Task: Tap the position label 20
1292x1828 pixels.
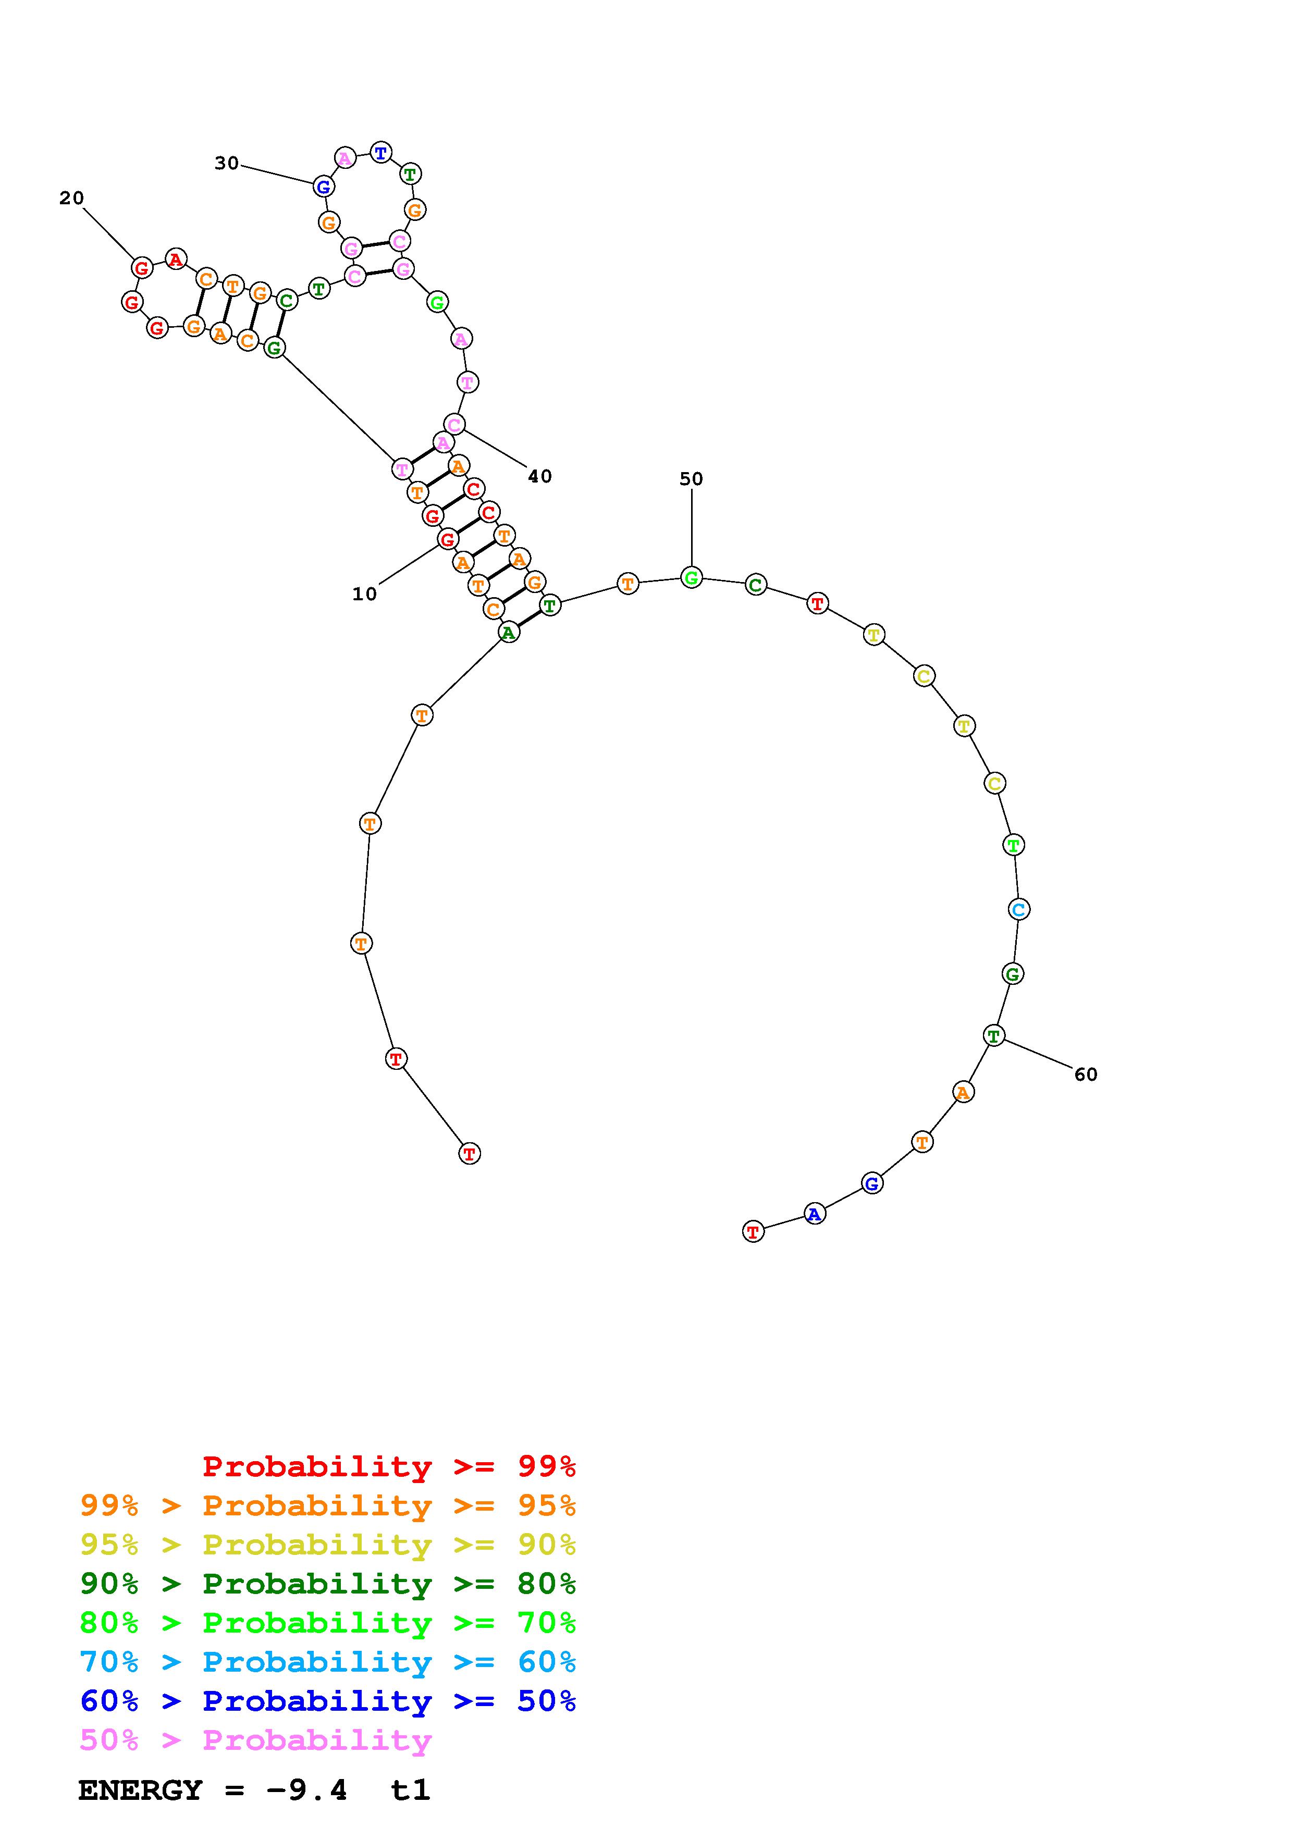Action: pyautogui.click(x=71, y=198)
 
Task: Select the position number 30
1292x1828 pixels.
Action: pyautogui.click(x=227, y=163)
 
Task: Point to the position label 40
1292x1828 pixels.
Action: pyautogui.click(x=540, y=476)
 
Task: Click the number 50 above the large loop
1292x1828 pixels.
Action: pyautogui.click(x=691, y=479)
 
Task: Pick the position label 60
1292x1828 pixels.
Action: pyautogui.click(x=1086, y=1075)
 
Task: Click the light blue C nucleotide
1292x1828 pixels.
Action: pyautogui.click(x=1019, y=909)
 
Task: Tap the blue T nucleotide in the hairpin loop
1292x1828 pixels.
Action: pyautogui.click(x=382, y=153)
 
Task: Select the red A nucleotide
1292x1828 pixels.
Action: pyautogui.click(x=176, y=260)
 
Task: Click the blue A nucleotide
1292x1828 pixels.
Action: pyautogui.click(x=815, y=1214)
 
